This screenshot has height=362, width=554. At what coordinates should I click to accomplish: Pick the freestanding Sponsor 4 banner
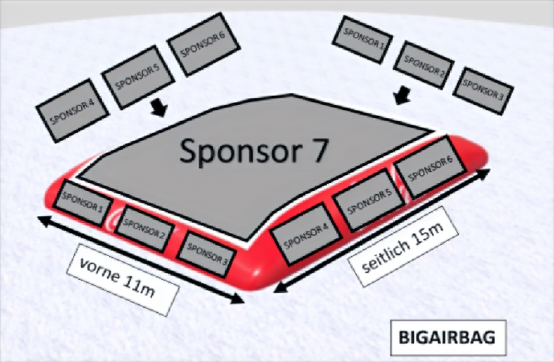(72, 110)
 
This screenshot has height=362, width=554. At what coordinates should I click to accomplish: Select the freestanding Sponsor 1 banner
(363, 38)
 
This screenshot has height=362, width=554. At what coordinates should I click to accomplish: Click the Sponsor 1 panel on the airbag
(83, 203)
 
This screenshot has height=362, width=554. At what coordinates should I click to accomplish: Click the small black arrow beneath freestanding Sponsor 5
(158, 107)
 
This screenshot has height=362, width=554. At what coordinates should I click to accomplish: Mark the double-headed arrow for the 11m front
(141, 259)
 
